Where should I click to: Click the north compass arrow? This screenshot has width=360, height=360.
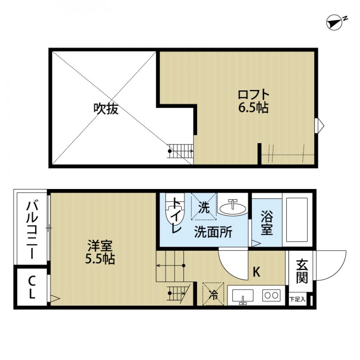pos(335,22)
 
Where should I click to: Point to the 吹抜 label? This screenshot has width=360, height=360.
pos(106,108)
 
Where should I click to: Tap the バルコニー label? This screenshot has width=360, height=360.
pos(31,229)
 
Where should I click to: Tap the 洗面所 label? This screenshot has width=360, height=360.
pos(213,232)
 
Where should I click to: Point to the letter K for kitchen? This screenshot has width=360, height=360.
pos(256,272)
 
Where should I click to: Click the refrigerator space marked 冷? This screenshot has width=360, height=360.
pos(212,294)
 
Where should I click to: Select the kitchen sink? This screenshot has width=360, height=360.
pos(243,296)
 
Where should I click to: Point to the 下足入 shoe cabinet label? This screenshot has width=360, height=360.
pos(297,298)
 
